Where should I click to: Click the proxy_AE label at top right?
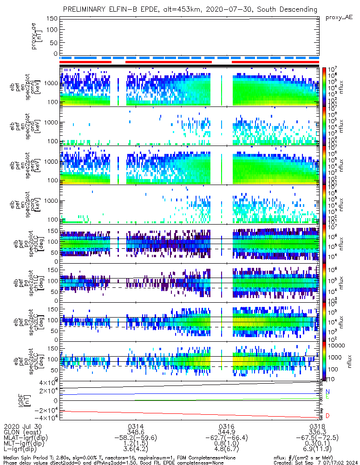pyautogui.click(x=339, y=17)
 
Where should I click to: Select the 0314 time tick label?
pyautogui.click(x=136, y=426)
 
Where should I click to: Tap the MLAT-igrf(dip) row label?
pyautogui.click(x=30, y=438)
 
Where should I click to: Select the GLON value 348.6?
pyautogui.click(x=136, y=432)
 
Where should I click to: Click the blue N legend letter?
pyautogui.click(x=327, y=392)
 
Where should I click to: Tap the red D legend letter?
pyautogui.click(x=327, y=416)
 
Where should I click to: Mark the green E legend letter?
pyautogui.click(x=327, y=397)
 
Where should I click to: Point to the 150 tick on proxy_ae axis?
pyautogui.click(x=52, y=18)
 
